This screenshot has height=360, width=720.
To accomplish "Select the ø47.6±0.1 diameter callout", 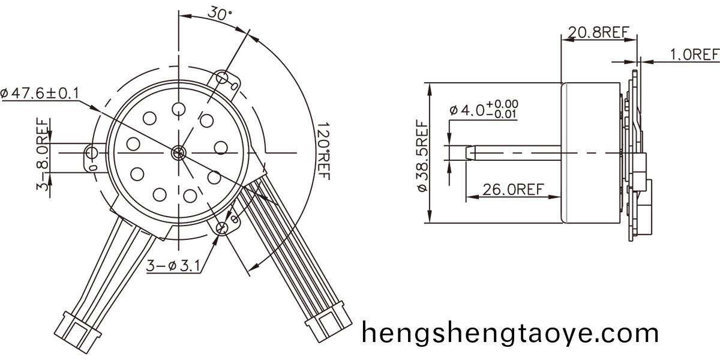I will tap(40, 94).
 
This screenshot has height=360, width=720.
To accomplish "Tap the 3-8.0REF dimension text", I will tap(43, 154).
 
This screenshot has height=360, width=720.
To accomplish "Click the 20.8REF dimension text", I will tap(598, 32).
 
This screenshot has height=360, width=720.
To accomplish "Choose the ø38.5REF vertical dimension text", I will tap(422, 155).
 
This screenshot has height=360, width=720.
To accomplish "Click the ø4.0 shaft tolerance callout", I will tap(484, 110).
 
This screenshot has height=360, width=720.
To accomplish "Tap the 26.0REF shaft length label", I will tap(513, 190).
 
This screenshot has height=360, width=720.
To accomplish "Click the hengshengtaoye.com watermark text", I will tap(510, 332).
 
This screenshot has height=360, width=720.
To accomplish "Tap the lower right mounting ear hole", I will tap(223, 227).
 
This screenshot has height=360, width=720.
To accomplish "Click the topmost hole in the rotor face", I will tap(178, 109).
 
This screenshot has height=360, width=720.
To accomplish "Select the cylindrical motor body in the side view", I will tap(591, 152).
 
